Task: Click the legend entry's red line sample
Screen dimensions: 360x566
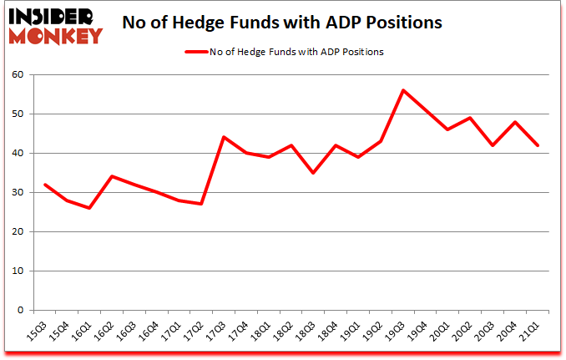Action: click(200, 52)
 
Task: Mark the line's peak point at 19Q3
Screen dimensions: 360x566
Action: click(403, 90)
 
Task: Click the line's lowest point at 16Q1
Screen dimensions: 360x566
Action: click(89, 208)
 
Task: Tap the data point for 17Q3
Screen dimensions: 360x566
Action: click(224, 137)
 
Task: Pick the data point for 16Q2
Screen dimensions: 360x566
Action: click(112, 176)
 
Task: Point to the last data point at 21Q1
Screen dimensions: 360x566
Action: click(538, 145)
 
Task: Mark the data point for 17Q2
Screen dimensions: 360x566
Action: click(201, 204)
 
